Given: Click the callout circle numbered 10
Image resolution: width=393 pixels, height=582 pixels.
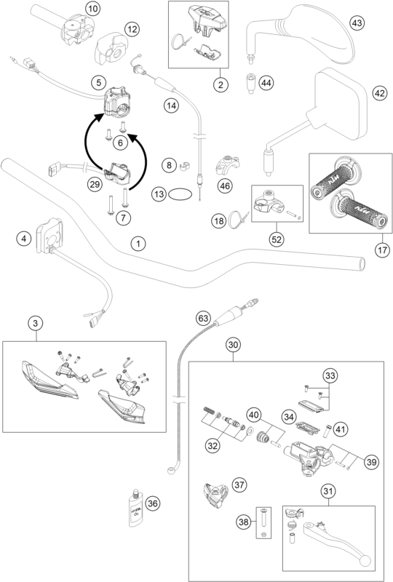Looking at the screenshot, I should pyautogui.click(x=92, y=9).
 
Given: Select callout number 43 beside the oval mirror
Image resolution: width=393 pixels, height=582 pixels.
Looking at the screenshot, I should pyautogui.click(x=357, y=23).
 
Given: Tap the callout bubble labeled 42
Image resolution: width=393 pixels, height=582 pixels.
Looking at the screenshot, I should pyautogui.click(x=378, y=93).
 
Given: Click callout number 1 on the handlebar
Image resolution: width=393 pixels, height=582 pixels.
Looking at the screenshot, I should pyautogui.click(x=136, y=244).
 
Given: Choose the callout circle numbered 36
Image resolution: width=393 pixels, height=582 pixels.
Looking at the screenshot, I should pyautogui.click(x=153, y=503).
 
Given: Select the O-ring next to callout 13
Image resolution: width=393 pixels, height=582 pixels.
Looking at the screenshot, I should pyautogui.click(x=183, y=195).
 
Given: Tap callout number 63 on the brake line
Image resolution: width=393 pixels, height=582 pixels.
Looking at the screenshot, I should pyautogui.click(x=205, y=318).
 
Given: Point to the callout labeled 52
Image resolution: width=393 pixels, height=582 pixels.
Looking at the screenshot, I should pyautogui.click(x=277, y=239).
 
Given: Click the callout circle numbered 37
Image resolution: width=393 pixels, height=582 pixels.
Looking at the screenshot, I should pyautogui.click(x=238, y=484).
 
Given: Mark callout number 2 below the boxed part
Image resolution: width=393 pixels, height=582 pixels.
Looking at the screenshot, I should pyautogui.click(x=218, y=84).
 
